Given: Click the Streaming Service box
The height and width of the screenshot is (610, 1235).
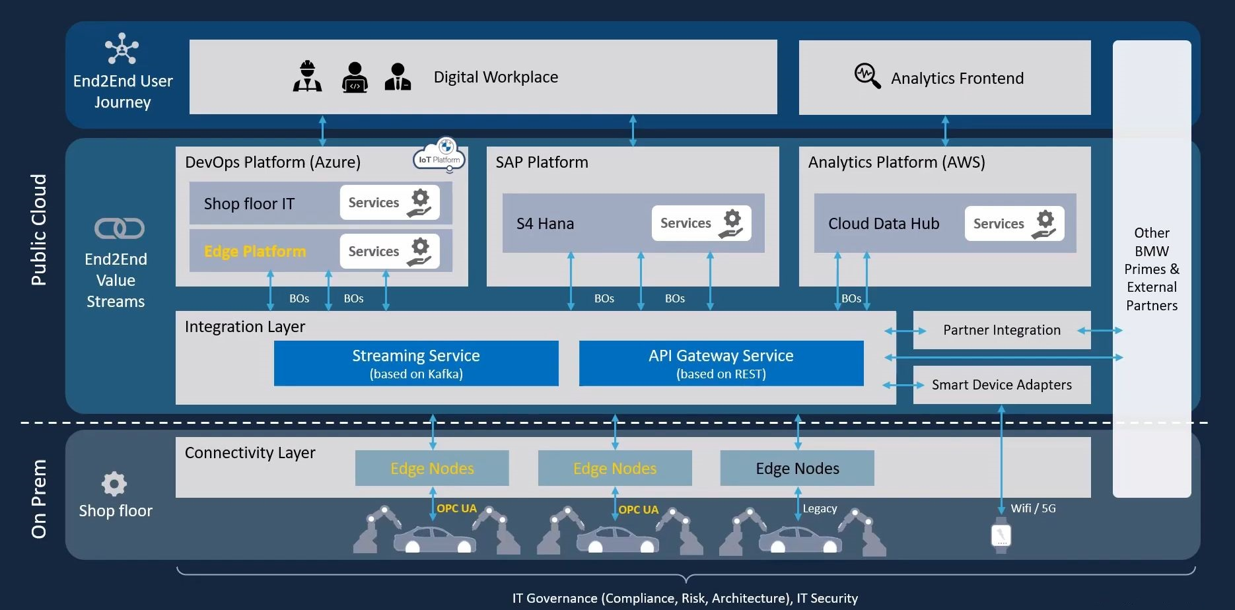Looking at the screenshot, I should pyautogui.click(x=416, y=363).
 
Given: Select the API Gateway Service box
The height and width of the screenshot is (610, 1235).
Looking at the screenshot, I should pyautogui.click(x=721, y=363).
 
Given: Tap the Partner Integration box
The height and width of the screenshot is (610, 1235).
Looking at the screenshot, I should pyautogui.click(x=1001, y=330).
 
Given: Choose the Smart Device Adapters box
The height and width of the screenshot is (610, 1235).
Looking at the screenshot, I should pyautogui.click(x=1001, y=385).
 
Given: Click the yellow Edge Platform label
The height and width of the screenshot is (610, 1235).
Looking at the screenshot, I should pyautogui.click(x=255, y=252).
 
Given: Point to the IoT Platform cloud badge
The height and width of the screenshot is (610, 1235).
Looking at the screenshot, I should pyautogui.click(x=440, y=157).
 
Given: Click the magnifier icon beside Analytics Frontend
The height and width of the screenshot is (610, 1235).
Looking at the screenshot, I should pyautogui.click(x=867, y=76).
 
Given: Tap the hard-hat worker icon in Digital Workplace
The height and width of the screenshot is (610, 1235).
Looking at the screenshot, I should pyautogui.click(x=307, y=77).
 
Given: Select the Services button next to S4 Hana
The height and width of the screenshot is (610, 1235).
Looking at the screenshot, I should pyautogui.click(x=701, y=223).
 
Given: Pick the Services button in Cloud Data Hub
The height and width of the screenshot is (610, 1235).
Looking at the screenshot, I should pyautogui.click(x=1014, y=224).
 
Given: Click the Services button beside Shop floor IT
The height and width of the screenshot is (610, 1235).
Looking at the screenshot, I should pyautogui.click(x=389, y=203).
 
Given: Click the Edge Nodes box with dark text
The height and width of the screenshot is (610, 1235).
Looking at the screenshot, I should pyautogui.click(x=797, y=468).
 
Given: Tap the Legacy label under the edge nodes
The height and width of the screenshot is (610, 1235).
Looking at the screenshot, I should pyautogui.click(x=820, y=508).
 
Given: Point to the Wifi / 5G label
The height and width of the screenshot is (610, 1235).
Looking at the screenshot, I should pyautogui.click(x=1033, y=508).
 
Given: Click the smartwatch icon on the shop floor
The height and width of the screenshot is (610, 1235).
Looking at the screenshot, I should pyautogui.click(x=1001, y=535).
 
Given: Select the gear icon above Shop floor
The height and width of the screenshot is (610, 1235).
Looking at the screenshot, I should pyautogui.click(x=114, y=484).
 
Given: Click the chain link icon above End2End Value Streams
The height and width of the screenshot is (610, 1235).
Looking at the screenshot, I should pyautogui.click(x=120, y=228).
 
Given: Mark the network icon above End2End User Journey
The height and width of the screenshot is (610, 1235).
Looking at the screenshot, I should pyautogui.click(x=122, y=48).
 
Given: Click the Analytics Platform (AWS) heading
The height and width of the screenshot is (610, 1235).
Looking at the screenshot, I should pyautogui.click(x=896, y=162).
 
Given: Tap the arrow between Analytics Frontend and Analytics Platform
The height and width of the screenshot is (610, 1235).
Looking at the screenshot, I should pyautogui.click(x=945, y=131).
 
